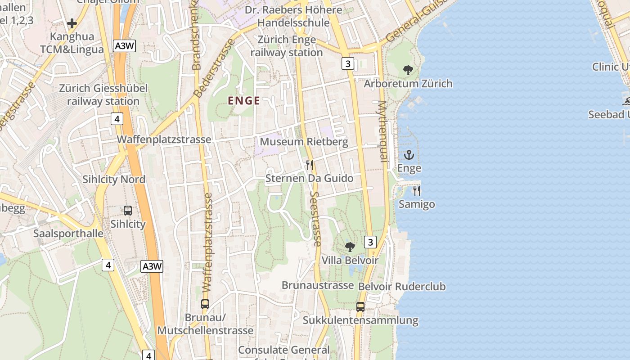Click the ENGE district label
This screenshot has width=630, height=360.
(x=244, y=101)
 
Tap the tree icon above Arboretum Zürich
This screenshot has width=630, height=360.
(x=408, y=70)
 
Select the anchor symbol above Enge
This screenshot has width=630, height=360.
(x=409, y=155)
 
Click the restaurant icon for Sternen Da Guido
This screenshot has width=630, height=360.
(x=309, y=165)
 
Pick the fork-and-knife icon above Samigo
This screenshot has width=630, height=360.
(x=417, y=191)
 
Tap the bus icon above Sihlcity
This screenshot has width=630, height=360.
(x=128, y=210)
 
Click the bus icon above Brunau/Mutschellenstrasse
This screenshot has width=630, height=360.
(x=205, y=304)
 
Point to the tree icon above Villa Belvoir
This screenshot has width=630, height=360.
(x=350, y=247)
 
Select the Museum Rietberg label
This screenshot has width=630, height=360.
(x=304, y=142)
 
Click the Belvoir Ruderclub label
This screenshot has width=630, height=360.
(x=402, y=287)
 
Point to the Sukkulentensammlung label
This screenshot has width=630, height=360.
(x=360, y=320)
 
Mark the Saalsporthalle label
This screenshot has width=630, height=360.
(x=68, y=234)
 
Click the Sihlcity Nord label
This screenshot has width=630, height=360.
(x=114, y=180)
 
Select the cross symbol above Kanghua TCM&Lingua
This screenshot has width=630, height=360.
(x=72, y=23)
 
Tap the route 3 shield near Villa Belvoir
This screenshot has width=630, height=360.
(x=370, y=243)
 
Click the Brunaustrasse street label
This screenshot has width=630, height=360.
(x=318, y=285)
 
